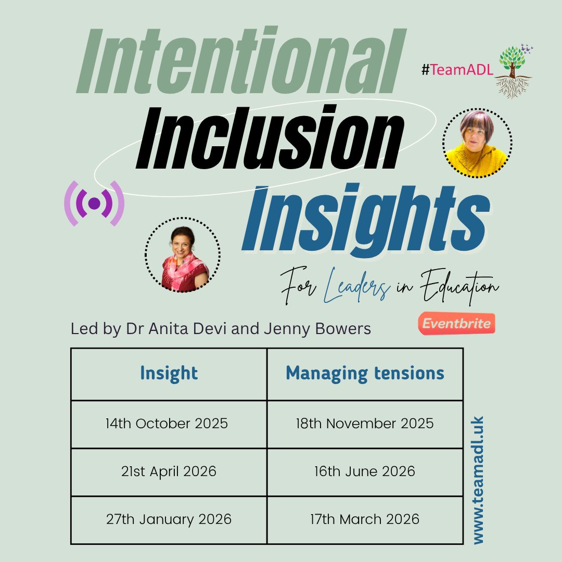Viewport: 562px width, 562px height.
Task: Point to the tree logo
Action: coord(513,71)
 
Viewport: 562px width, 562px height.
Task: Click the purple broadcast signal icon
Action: coord(94,203)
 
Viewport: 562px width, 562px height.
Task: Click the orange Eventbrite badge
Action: coord(456,324)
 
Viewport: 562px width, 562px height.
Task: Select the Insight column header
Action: coord(169,373)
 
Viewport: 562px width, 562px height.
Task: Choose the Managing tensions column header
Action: coord(365,373)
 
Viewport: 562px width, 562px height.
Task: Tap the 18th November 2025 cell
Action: coord(365,424)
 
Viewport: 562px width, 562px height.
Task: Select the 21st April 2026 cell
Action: coord(169,471)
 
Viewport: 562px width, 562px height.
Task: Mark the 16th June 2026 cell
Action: coord(365,471)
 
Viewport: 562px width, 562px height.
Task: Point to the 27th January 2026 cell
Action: coord(169,519)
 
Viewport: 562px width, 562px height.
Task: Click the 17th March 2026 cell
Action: coord(365,519)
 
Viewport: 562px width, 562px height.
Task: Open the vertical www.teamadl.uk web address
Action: coord(478,479)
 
